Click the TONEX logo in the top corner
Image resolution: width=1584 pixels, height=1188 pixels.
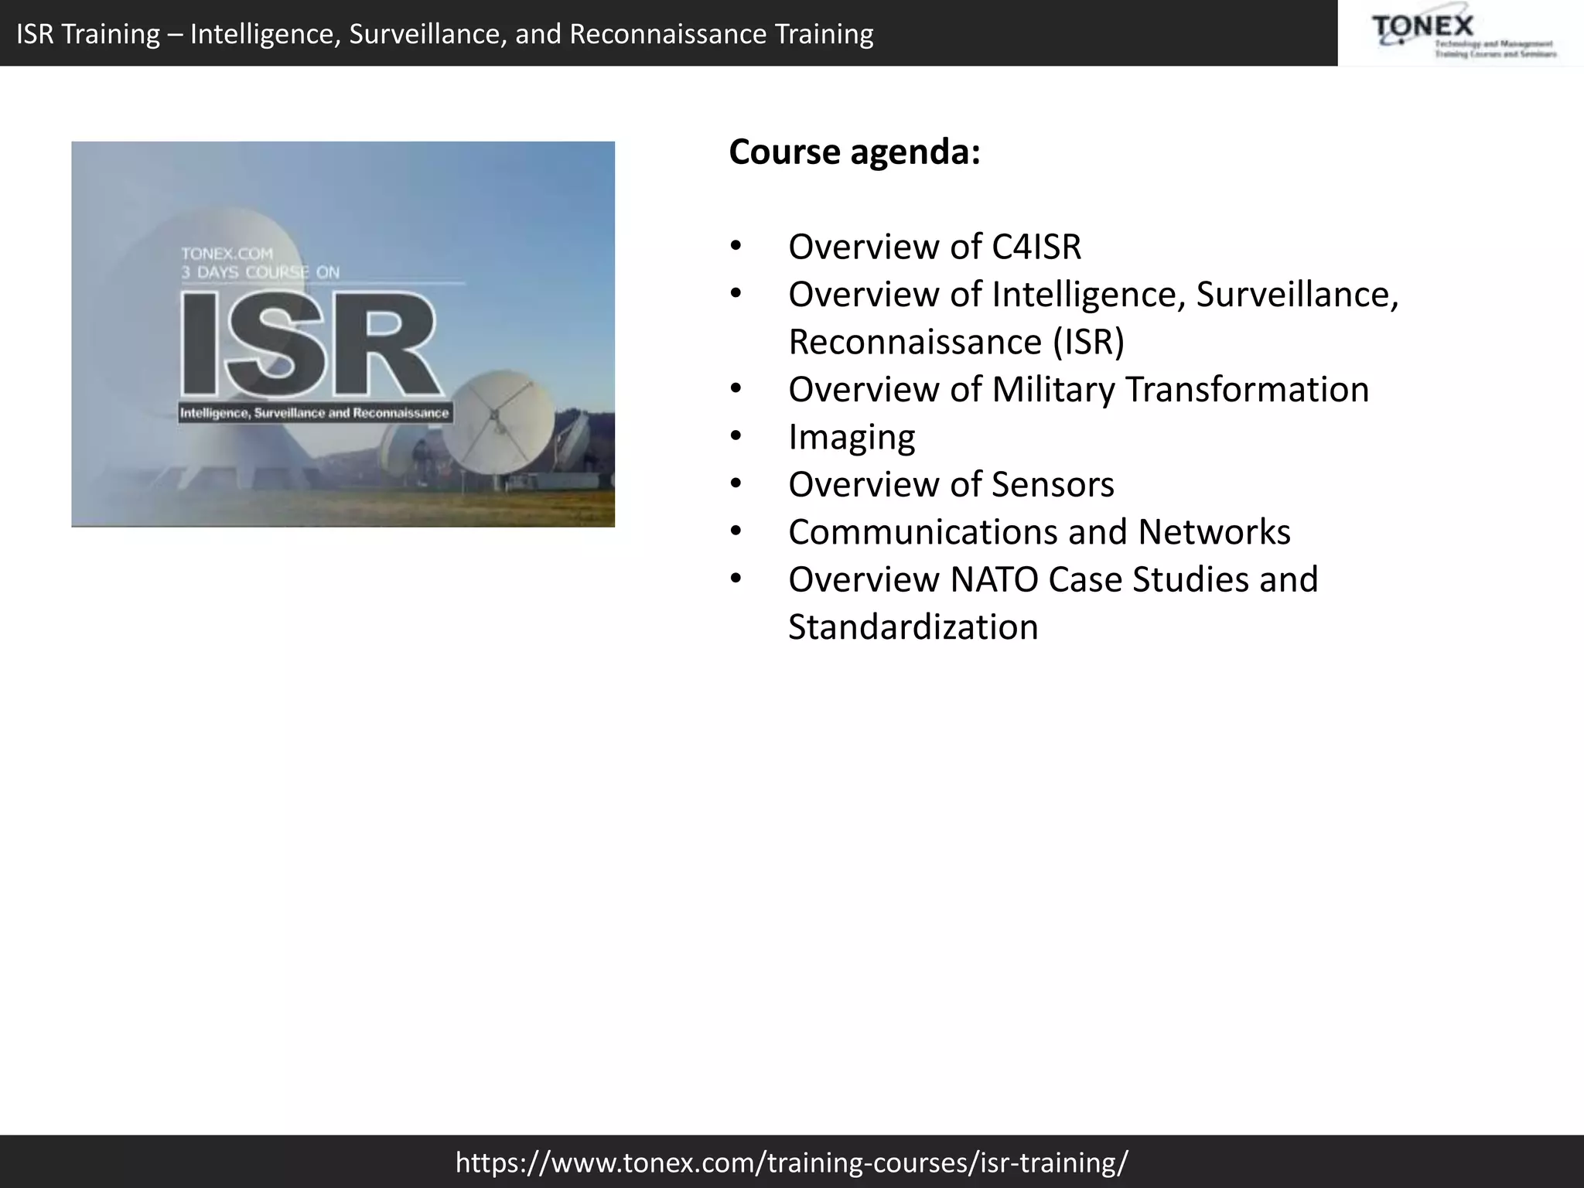pos(1460,35)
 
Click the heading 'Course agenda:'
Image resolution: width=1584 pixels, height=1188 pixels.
pos(855,152)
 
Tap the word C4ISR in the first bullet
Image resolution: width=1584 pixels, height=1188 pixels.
pos(1036,247)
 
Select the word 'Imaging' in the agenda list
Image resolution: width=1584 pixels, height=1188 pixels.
pos(852,438)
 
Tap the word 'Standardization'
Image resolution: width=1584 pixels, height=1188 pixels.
pos(913,627)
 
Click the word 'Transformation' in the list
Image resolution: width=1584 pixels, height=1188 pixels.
pos(1247,390)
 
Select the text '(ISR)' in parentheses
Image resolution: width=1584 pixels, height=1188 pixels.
pos(1088,343)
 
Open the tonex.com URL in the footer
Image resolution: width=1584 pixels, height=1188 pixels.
pos(792,1161)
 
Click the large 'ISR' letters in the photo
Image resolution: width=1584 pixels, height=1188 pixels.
pos(309,344)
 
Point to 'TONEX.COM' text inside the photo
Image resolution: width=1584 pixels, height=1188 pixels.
pos(227,254)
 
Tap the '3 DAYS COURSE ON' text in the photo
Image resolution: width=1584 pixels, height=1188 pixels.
pos(260,272)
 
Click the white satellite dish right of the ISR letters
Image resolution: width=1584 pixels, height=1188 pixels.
pos(499,422)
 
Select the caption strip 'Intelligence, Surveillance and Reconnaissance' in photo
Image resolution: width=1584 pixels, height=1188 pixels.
pos(314,413)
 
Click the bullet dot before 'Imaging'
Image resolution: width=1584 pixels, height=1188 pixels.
pos(736,438)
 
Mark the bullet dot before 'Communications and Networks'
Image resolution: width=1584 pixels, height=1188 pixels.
pos(736,532)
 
